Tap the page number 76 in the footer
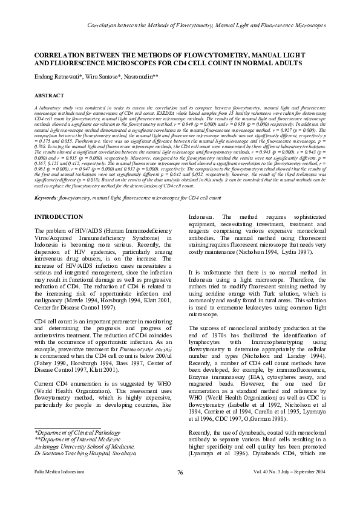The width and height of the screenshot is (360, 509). (180, 489)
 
